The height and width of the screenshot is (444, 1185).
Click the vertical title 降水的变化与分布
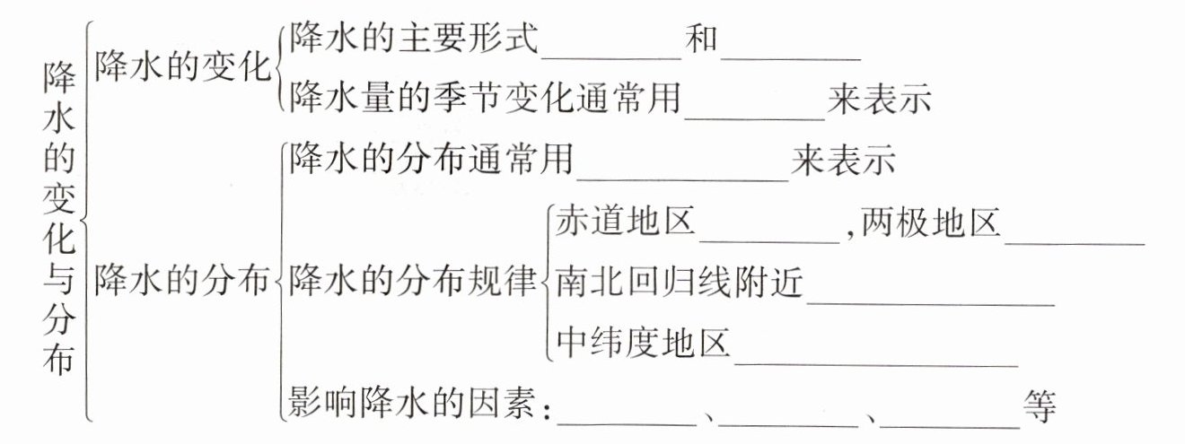coord(58,220)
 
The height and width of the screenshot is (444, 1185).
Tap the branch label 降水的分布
coord(181,281)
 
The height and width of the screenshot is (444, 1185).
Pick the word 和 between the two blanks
coord(701,40)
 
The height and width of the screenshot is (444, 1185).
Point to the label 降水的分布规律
coord(414,281)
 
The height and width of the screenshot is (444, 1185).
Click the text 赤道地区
coord(626,222)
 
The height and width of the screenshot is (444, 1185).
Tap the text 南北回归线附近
coord(680,283)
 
